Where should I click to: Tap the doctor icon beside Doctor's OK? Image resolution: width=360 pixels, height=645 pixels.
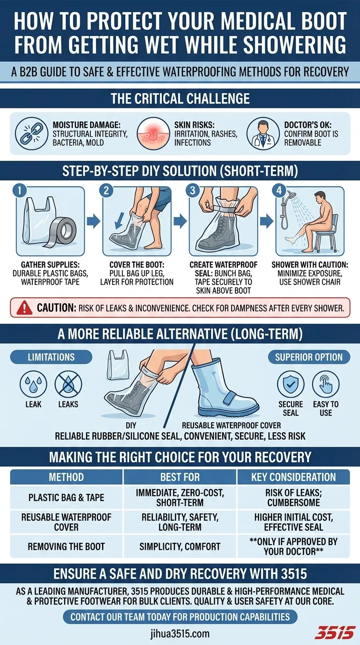pos(263,133)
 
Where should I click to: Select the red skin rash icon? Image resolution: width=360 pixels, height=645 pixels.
pos(153,133)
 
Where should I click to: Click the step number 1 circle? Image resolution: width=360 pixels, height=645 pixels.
pos(20,190)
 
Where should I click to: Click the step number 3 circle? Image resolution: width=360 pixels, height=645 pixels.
pos(193,190)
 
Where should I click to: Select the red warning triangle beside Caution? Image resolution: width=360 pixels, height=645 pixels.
pos(24,308)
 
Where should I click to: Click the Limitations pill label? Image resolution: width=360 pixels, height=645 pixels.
pos(51,357)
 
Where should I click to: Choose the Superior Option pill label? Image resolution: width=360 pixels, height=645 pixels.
pos(309,357)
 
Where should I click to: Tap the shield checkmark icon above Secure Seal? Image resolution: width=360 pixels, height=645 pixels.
pos(291,384)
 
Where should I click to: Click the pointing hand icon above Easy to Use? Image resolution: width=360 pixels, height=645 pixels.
pos(326,384)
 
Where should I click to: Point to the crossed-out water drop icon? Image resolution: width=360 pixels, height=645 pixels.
pos(68,384)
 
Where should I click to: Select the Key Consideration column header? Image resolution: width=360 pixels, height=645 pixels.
pos(293,477)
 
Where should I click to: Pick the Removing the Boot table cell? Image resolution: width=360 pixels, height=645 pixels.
pos(66,547)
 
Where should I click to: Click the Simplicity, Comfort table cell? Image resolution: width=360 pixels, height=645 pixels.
pos(180,547)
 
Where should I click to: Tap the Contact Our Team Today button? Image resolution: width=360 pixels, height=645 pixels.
pos(180,617)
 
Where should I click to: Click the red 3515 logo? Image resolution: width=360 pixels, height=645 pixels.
pos(335,632)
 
